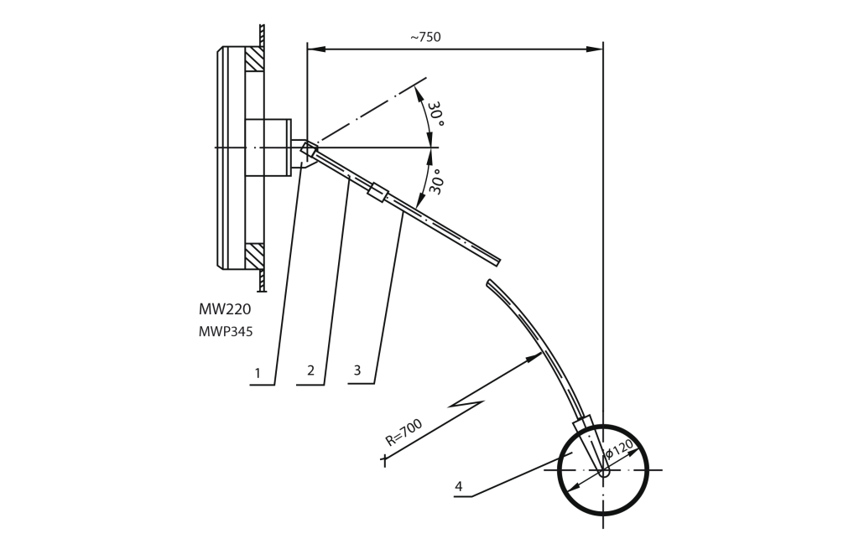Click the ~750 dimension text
[425, 37]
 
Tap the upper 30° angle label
[436, 113]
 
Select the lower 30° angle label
[436, 181]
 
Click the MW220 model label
[225, 309]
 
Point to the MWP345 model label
[226, 332]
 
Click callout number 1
[258, 374]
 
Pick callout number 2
[310, 370]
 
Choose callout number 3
[357, 370]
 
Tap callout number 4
[459, 486]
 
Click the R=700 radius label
[403, 433]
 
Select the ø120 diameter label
[620, 448]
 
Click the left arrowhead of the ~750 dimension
[315, 49]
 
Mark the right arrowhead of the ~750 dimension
[595, 49]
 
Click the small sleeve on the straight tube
[377, 192]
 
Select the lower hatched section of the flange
[254, 256]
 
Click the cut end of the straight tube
[497, 262]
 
